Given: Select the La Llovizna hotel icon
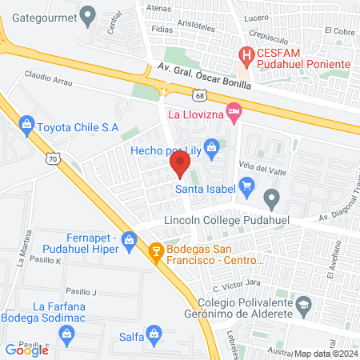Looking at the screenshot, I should click(233, 113).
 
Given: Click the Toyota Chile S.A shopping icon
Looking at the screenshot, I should click(27, 125).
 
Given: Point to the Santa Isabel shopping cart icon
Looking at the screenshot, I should click(246, 189).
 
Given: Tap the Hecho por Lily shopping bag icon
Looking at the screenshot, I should click(211, 146).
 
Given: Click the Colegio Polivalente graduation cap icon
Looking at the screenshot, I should click(304, 305).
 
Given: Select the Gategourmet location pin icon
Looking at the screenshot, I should click(88, 14).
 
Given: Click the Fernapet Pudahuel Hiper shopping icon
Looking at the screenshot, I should click(128, 239).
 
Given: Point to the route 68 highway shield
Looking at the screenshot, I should click(199, 94).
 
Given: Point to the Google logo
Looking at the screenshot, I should click(26, 350).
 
